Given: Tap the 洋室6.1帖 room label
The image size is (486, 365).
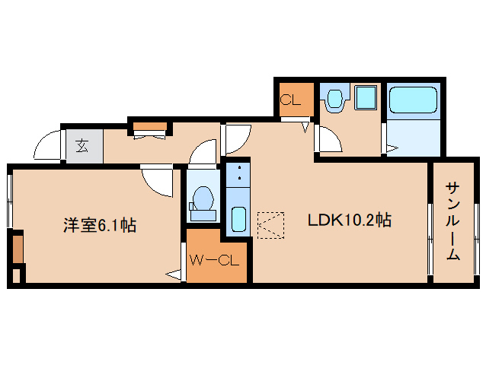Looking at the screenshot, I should tap(99, 225).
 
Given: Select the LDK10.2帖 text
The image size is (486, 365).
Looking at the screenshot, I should tap(350, 221).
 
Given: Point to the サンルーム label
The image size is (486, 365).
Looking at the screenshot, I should tap(452, 221).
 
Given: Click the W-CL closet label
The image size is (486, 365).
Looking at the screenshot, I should tap(215, 261).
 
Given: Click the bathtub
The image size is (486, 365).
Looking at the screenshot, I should tap(411, 100).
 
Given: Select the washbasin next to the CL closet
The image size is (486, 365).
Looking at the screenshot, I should tap(333, 100).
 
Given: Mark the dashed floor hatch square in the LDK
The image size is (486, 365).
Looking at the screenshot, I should tap(270, 225).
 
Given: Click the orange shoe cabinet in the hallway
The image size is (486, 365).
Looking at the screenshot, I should tap(150, 126).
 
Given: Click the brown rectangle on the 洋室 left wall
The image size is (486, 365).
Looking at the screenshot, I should tap(17, 249).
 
